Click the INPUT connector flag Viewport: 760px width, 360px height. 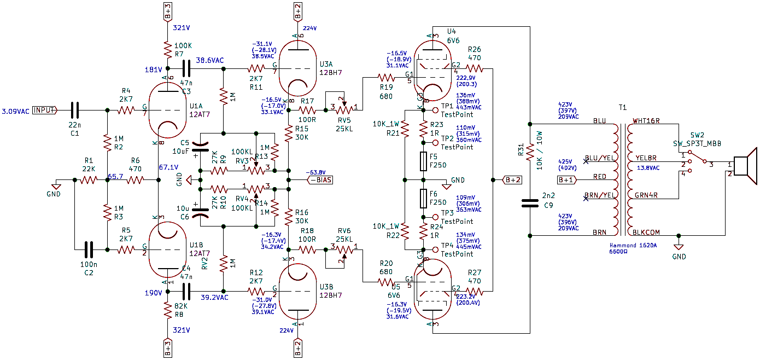(x=45, y=110)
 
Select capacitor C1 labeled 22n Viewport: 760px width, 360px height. (x=74, y=110)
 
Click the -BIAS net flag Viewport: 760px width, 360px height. (x=319, y=179)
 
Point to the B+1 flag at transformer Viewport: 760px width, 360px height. (x=567, y=179)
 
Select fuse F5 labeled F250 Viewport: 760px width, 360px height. (x=423, y=161)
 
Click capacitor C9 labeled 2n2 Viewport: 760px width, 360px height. (x=529, y=203)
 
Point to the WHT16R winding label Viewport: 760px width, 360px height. (x=647, y=120)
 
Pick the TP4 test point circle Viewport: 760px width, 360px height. (x=435, y=250)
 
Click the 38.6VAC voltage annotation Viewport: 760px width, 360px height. (x=211, y=61)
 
